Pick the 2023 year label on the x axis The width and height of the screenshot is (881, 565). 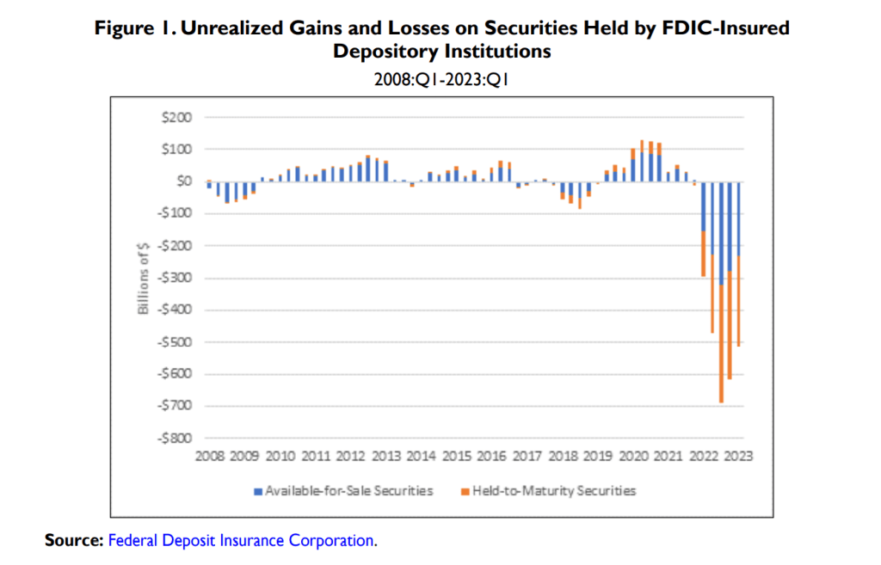(x=739, y=457)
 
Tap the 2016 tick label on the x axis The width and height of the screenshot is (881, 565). (x=492, y=457)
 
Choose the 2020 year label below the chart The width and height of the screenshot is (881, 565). (x=633, y=457)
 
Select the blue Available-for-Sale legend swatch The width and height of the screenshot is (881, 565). (x=256, y=491)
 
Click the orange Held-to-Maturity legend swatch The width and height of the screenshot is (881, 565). (x=465, y=491)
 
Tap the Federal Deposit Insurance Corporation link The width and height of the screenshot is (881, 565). (x=241, y=541)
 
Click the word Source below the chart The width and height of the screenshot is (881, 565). (x=74, y=541)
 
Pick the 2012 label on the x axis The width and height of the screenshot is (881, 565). (x=351, y=457)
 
